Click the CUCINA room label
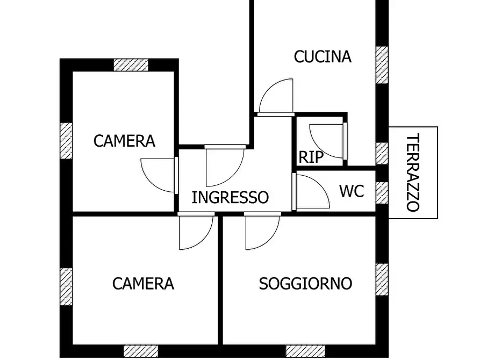[323, 56]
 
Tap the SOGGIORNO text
[305, 283]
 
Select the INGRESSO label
[230, 197]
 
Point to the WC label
[352, 191]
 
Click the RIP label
[311, 157]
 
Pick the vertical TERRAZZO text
[412, 172]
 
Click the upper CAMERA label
[124, 141]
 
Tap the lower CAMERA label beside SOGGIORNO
[143, 283]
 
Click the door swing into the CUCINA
[276, 97]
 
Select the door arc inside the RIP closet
[327, 141]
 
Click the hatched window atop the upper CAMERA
[131, 64]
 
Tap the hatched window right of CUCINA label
[382, 64]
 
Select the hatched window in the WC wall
[382, 192]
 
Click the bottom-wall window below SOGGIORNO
[305, 351]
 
